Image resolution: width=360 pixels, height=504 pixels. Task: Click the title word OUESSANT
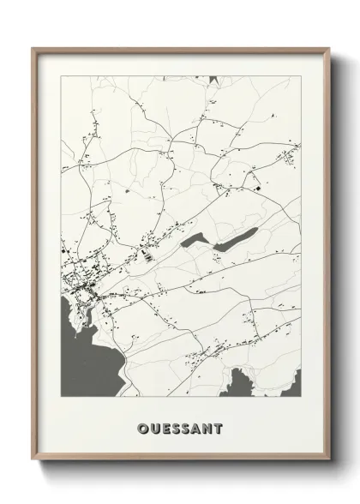(x=180, y=426)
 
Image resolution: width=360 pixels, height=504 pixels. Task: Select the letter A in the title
(x=198, y=426)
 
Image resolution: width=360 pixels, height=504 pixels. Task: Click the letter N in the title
(x=210, y=426)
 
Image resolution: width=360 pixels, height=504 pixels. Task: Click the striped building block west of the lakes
(x=147, y=254)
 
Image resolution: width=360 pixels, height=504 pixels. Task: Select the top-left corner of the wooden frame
(x=33, y=48)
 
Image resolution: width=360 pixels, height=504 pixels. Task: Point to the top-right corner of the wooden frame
(x=329, y=48)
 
